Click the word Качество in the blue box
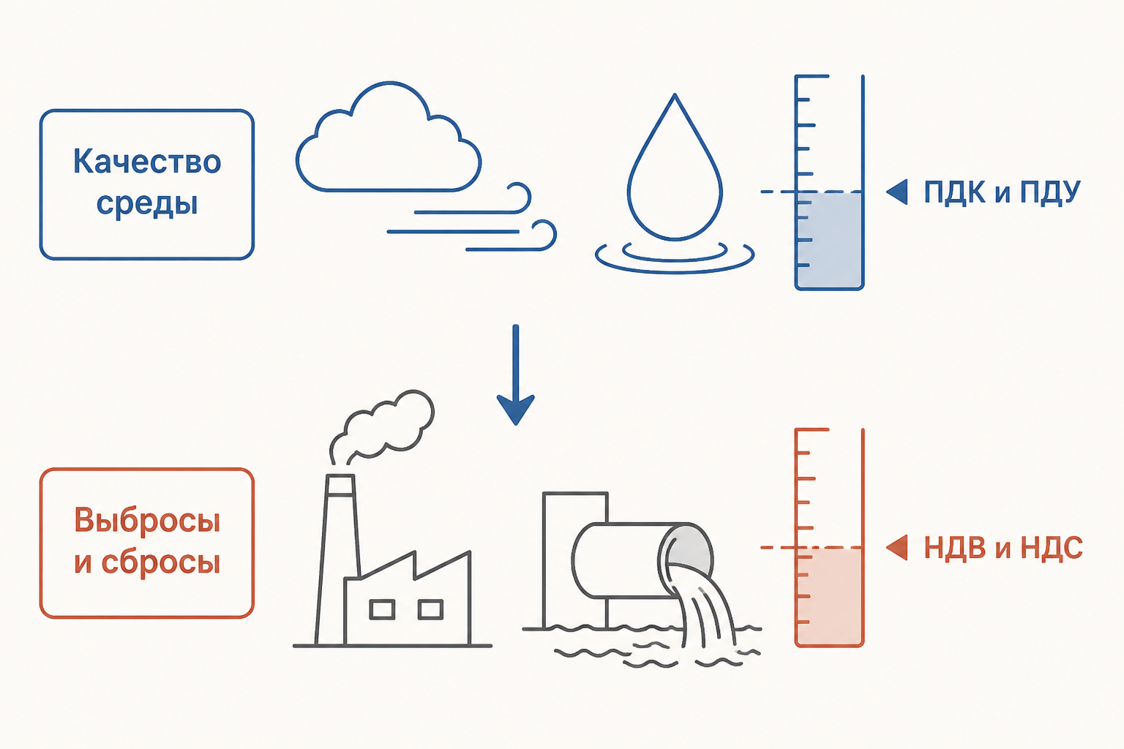[147, 162]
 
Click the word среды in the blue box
[147, 203]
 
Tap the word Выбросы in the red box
[147, 520]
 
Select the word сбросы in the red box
[160, 562]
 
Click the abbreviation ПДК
[954, 192]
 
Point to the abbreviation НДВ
[955, 547]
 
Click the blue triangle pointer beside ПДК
[897, 192]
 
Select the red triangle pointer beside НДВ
[897, 547]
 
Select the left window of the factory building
[382, 609]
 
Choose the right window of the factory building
[430, 609]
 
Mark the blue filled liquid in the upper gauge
[829, 240]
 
